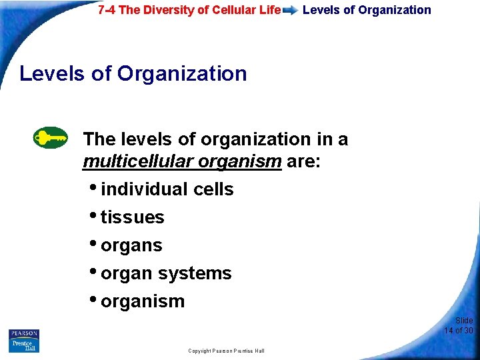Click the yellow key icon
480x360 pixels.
[51, 138]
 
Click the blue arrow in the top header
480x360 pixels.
[290, 11]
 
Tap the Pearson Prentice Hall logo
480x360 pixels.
[24, 340]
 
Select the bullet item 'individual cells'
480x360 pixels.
[167, 189]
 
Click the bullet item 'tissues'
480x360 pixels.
[132, 217]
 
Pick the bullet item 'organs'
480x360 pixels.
[131, 245]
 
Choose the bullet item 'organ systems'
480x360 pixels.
[166, 273]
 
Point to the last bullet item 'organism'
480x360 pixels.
[142, 301]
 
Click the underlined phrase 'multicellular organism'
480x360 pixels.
[182, 161]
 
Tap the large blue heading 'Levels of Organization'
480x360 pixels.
[133, 73]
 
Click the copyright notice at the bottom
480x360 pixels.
[226, 351]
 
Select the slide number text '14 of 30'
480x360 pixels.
[459, 331]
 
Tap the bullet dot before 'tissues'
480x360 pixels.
[93, 215]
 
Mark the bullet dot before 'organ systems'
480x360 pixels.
[93, 271]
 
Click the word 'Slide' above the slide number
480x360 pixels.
[464, 321]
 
